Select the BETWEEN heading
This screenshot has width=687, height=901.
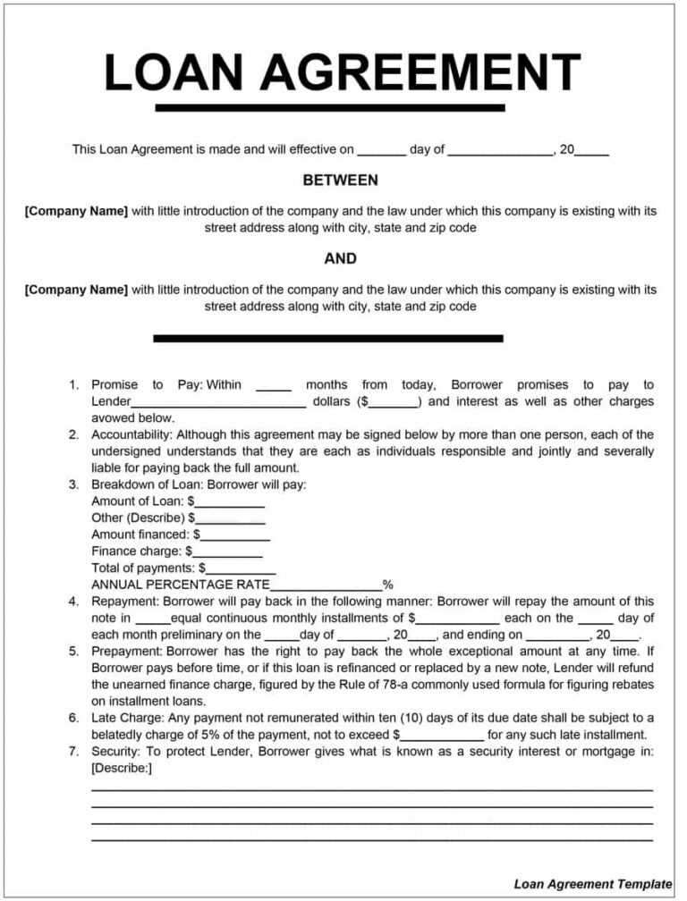tap(340, 181)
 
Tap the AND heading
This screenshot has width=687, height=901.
tap(340, 259)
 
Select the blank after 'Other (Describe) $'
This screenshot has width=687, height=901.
tap(230, 519)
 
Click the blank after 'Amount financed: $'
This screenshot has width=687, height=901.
tap(235, 535)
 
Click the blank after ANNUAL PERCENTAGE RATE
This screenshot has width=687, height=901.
tap(333, 585)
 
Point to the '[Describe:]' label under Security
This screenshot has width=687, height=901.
tap(122, 768)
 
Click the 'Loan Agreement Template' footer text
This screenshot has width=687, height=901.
tap(592, 884)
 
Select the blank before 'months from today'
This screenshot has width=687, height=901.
tap(274, 386)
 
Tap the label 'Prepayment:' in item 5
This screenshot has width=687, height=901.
tap(127, 652)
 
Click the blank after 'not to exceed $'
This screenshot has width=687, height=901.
tap(441, 735)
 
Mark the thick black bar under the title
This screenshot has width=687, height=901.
tap(330, 108)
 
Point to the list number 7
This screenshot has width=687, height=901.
tap(74, 752)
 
